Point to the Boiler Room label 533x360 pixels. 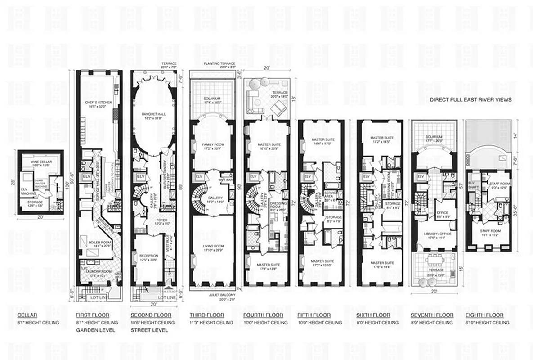[100, 243]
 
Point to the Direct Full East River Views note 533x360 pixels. [470, 100]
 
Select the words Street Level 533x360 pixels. [149, 330]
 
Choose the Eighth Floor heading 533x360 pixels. [481, 315]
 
